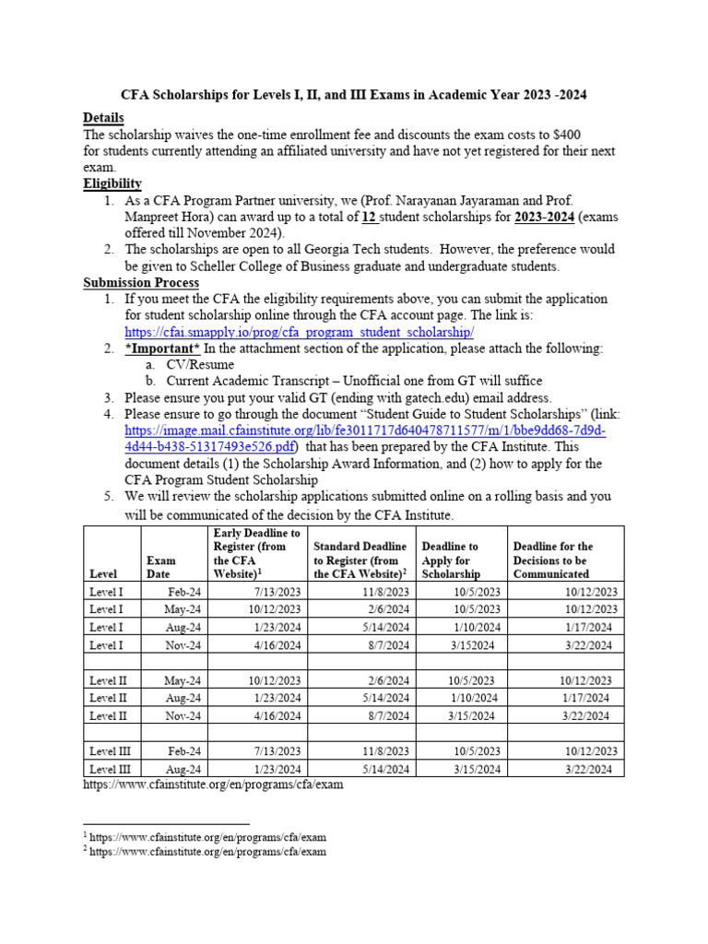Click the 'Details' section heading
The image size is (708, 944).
click(x=103, y=118)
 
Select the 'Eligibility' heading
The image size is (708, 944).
click(x=112, y=184)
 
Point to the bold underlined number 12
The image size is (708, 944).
click(x=366, y=218)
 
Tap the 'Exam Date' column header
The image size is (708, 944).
click(x=161, y=567)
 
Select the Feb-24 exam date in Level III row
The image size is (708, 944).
click(x=183, y=751)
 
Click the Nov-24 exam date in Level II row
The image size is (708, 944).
click(x=183, y=715)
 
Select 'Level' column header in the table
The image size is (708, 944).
click(x=103, y=574)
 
